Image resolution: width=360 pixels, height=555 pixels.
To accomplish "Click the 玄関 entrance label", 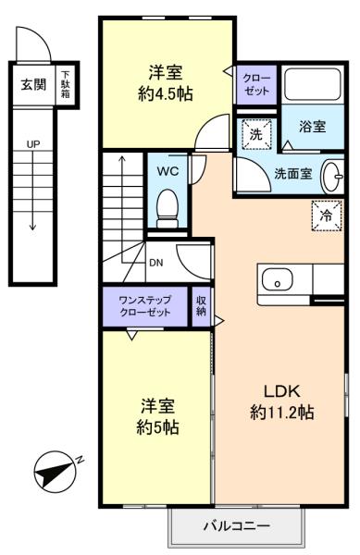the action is pyautogui.click(x=33, y=84).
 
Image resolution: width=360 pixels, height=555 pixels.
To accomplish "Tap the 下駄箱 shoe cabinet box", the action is pyautogui.click(x=66, y=84).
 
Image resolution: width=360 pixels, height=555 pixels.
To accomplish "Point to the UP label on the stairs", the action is pyautogui.click(x=33, y=144).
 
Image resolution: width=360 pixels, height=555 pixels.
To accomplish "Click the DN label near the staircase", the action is pyautogui.click(x=156, y=263).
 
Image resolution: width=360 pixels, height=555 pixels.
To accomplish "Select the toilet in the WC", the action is pyautogui.click(x=168, y=209).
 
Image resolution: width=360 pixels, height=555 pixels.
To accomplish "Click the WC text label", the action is pyautogui.click(x=168, y=172).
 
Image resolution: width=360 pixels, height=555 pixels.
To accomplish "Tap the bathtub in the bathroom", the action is pyautogui.click(x=313, y=84).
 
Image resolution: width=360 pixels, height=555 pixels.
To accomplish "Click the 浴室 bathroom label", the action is pyautogui.click(x=313, y=127).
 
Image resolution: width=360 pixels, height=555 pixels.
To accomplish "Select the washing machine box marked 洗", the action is pyautogui.click(x=256, y=134).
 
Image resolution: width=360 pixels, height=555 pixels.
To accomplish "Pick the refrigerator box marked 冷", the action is pyautogui.click(x=327, y=216).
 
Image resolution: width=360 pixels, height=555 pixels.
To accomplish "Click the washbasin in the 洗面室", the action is pyautogui.click(x=332, y=177).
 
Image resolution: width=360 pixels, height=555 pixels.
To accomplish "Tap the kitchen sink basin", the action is pyautogui.click(x=277, y=279).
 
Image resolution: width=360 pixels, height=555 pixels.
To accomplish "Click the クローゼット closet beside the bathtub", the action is pyautogui.click(x=256, y=85).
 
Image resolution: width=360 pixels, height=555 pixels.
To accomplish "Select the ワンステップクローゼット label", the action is pyautogui.click(x=145, y=306).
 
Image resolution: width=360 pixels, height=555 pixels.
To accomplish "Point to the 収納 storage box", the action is pyautogui.click(x=201, y=306).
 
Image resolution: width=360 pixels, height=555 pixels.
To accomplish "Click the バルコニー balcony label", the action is pyautogui.click(x=237, y=526).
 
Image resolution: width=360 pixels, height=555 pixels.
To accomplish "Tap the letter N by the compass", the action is pyautogui.click(x=80, y=460).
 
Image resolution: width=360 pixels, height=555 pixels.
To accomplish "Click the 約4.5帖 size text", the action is pyautogui.click(x=166, y=94).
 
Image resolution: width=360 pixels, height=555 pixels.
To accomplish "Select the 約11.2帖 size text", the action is pyautogui.click(x=281, y=413).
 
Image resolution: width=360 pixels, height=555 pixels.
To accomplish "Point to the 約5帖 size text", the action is pyautogui.click(x=157, y=427).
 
